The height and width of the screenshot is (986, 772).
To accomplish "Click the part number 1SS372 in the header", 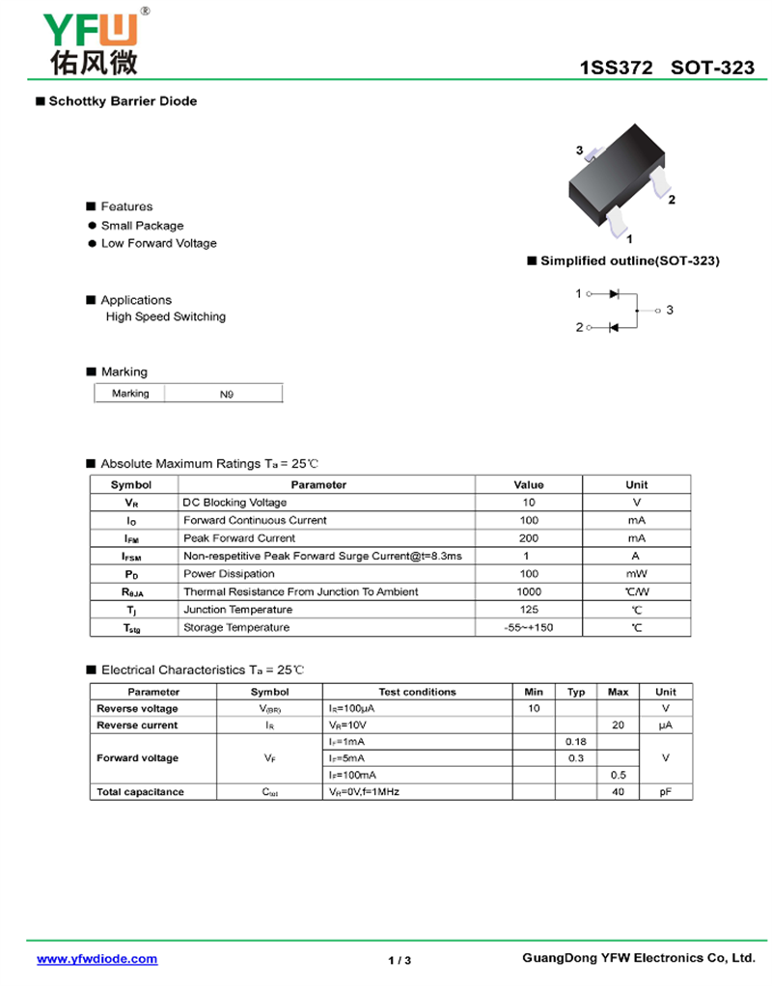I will [616, 68].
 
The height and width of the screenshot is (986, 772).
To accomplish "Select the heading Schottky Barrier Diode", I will [123, 101].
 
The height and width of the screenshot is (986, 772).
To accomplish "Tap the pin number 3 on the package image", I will [580, 151].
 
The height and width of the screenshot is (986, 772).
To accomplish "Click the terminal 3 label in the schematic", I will [669, 310].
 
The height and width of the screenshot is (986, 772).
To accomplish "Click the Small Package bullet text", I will [142, 226].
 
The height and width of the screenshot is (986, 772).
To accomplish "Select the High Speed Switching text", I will [165, 316].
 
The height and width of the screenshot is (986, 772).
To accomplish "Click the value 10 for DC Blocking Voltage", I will [529, 503].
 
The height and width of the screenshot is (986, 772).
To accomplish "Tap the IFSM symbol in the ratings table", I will [132, 557].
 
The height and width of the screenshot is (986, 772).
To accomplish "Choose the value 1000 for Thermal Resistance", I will [529, 591].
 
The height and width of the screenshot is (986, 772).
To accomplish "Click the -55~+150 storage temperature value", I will [529, 628].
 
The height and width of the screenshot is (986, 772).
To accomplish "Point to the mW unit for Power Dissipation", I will [636, 574].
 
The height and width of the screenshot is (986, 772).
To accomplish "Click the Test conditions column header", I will [417, 692].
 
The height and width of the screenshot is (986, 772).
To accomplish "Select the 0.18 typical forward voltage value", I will [576, 741].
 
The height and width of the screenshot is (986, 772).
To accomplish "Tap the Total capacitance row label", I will [140, 792].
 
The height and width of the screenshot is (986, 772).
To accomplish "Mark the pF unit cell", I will [666, 792].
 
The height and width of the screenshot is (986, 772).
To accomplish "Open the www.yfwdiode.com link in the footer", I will [96, 959].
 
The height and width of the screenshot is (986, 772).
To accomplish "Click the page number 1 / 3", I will [400, 960].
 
